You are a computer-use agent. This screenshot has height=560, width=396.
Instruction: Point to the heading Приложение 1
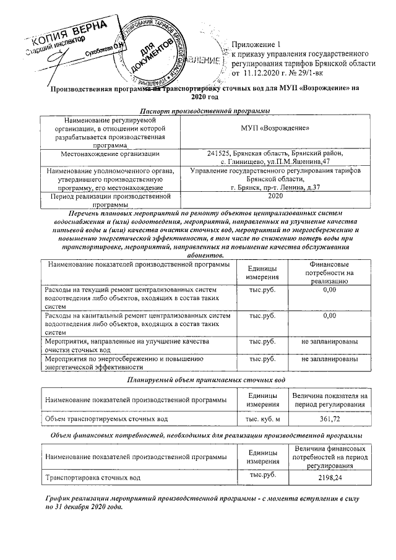click(x=256, y=45)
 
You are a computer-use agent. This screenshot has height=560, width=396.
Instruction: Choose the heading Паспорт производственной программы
click(x=197, y=110)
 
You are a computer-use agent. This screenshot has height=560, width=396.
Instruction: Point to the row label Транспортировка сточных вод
click(x=92, y=478)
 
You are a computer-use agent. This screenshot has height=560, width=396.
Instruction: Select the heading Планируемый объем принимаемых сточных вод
click(x=197, y=379)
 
